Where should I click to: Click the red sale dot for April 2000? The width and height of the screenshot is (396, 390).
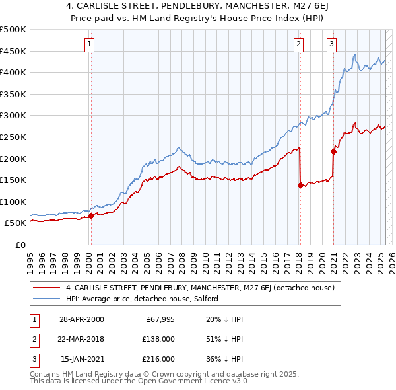(91, 215)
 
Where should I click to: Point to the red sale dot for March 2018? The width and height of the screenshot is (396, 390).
(300, 186)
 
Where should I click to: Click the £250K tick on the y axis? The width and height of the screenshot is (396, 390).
(13, 137)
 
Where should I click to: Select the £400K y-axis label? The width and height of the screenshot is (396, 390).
(13, 72)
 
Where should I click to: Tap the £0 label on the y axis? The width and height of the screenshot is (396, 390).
(21, 245)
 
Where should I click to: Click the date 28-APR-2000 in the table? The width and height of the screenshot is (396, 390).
(82, 320)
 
